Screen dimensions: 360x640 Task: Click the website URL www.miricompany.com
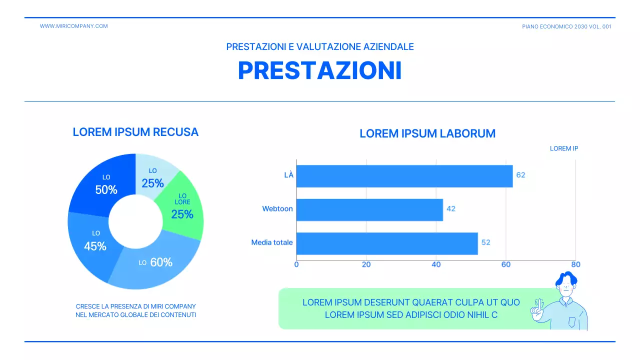pos(73,26)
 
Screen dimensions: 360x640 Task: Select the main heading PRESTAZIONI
pos(320,70)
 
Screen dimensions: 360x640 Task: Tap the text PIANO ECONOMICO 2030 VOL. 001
pos(566,26)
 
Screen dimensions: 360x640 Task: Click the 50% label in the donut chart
pos(106,190)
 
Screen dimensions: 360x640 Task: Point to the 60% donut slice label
pos(161,262)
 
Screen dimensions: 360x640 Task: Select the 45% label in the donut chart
pos(95,246)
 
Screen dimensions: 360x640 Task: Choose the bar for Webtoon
pos(369,209)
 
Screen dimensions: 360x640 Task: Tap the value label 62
pos(521,175)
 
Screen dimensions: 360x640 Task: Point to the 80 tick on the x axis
pos(575,264)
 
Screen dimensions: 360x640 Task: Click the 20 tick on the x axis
pos(366,264)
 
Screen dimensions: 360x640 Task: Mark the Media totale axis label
pos(272,242)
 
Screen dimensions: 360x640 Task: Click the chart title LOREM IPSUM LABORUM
pos(427,133)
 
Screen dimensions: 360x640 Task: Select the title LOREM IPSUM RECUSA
pos(135,132)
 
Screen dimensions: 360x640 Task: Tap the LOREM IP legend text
pos(564,148)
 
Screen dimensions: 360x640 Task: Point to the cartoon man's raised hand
pos(537,310)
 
